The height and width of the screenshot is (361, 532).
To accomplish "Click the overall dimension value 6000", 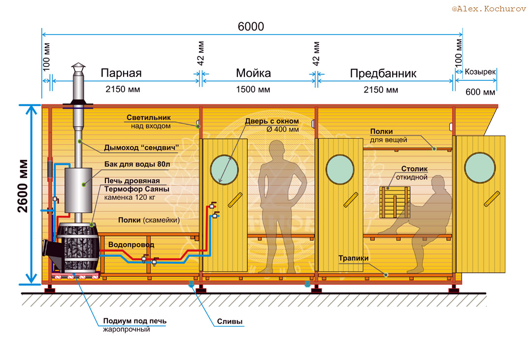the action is coord(251,27).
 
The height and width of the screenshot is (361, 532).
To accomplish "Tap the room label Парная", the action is coord(121,73).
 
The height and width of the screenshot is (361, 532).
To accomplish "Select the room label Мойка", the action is coord(254,73).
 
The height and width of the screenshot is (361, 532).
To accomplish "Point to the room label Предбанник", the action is coord(383,73).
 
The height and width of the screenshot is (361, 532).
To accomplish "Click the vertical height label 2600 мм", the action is coord(23,186).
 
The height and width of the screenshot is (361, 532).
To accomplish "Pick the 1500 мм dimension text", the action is coord(253,90).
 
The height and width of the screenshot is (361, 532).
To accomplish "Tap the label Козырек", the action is coord(480,72).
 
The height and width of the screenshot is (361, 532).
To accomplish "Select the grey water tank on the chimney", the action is coord(78,190).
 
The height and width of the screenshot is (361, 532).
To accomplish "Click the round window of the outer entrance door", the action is coord(480,167).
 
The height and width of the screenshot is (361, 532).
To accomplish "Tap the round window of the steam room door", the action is coord(224,169).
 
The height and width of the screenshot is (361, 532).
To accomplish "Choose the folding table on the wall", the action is coord(395,202).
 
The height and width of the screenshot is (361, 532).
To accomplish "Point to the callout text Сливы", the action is coord(230,321).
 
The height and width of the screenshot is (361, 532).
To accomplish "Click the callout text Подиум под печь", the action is coord(134,321).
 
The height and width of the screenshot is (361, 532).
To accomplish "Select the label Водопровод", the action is coord(131,245).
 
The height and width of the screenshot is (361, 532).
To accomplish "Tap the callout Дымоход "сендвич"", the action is coord(141,148).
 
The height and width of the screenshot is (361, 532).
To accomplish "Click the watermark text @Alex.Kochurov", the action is coord(489,9).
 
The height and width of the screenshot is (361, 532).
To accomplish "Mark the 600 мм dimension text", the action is coord(480,92).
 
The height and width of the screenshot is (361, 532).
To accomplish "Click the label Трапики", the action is coord(353,258).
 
